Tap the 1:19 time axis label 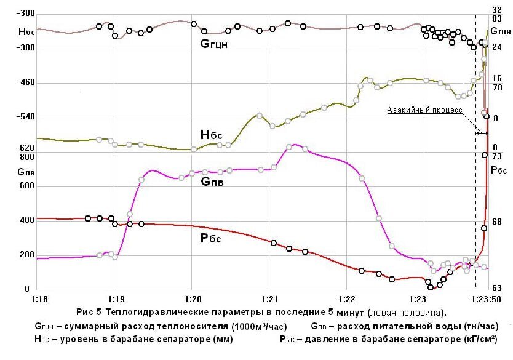[113, 299]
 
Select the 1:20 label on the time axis [192, 299]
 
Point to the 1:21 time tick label [269, 299]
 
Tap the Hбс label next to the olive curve [211, 135]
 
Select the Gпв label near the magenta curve [212, 182]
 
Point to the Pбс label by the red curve [211, 239]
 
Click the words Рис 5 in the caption [89, 312]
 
